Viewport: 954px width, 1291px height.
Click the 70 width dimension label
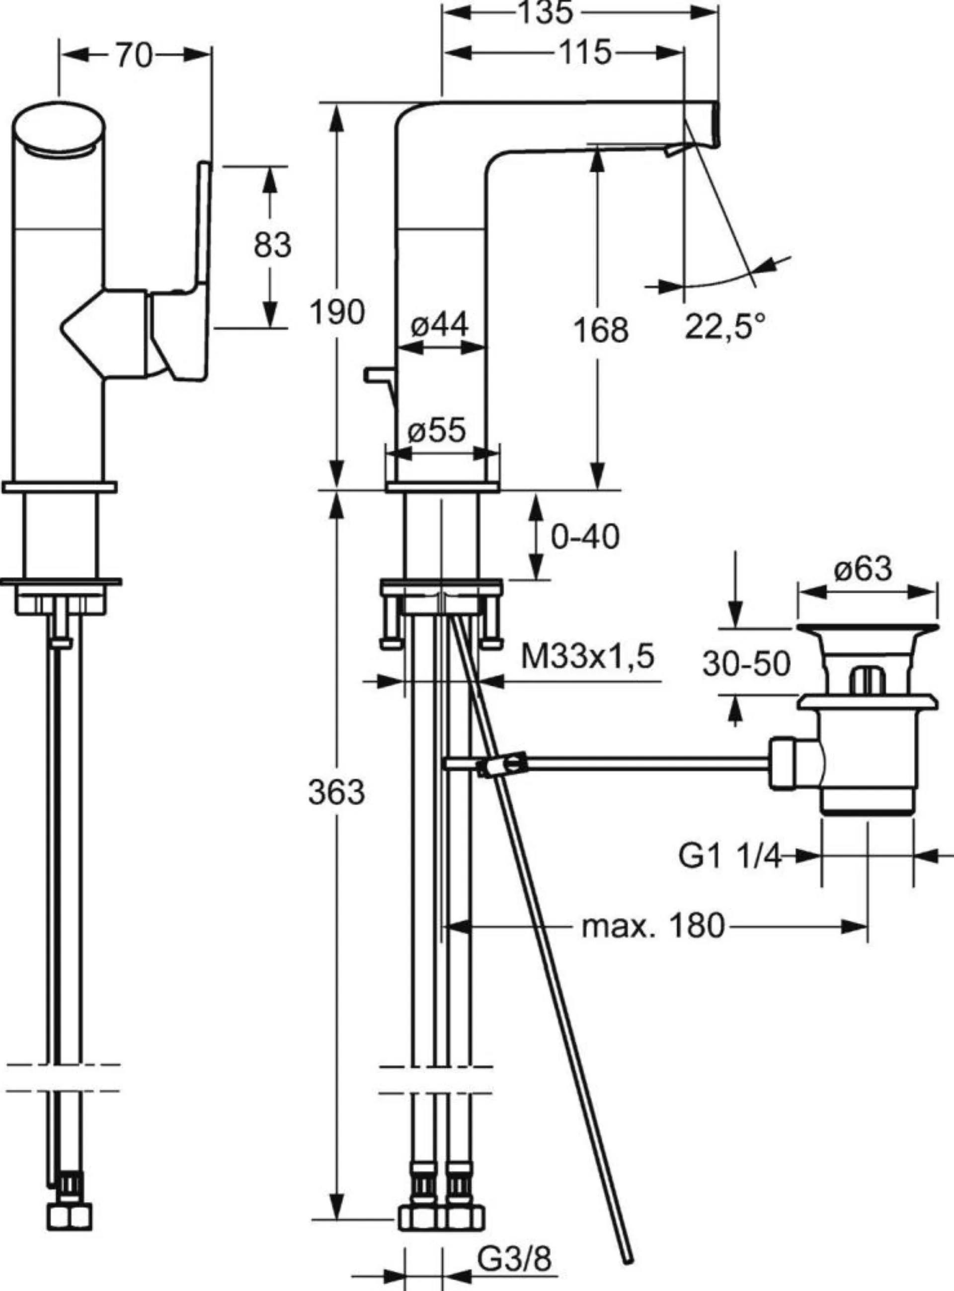[134, 56]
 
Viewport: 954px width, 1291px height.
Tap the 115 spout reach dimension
[583, 53]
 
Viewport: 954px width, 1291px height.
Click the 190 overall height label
[337, 313]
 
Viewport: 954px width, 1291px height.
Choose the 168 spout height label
[601, 330]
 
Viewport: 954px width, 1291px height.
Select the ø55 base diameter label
[437, 430]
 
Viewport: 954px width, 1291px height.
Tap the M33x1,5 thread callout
[588, 656]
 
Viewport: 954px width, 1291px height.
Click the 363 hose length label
[337, 792]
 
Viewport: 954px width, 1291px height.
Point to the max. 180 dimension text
[652, 926]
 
